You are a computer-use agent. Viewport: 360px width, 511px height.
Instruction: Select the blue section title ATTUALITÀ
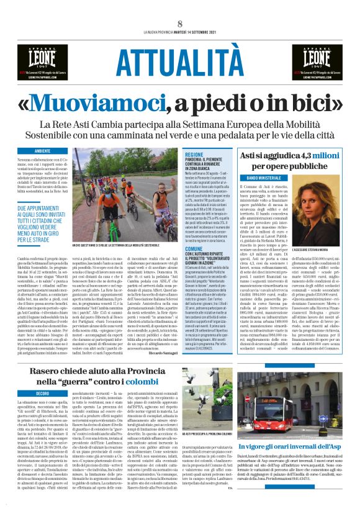180,61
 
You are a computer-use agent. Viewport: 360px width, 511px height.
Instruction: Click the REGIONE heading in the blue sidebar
194,153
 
